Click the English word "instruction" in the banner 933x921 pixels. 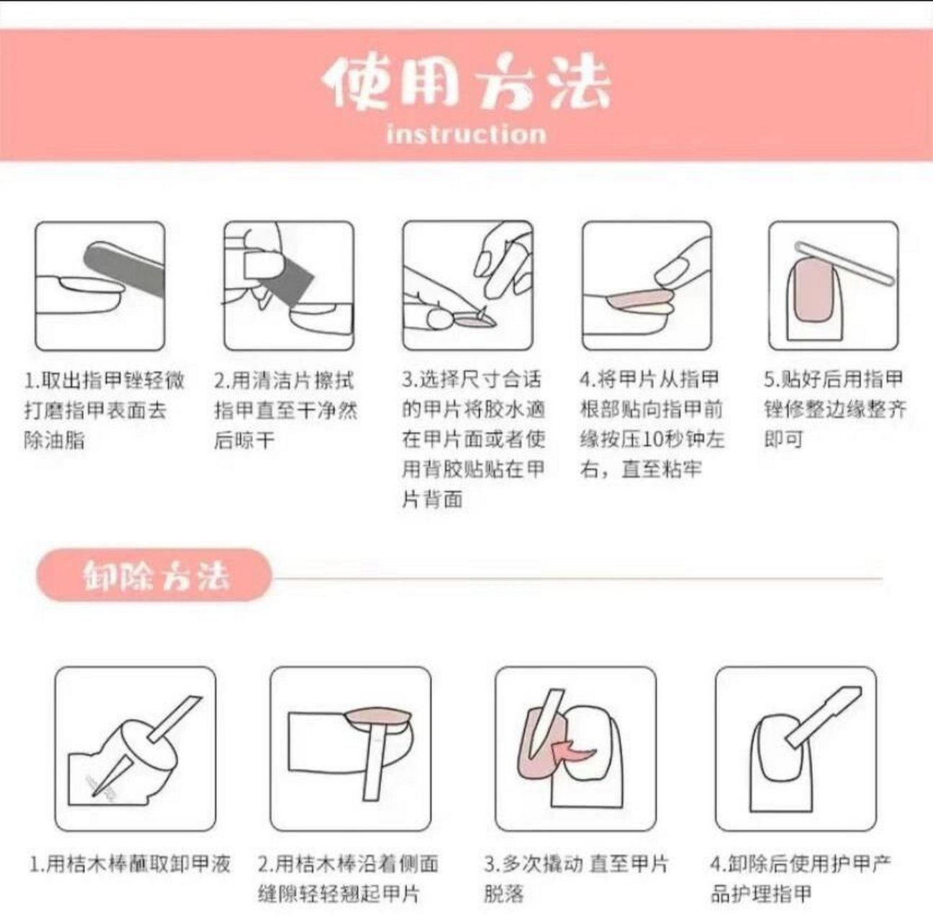coord(466,134)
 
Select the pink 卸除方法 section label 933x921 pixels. coord(154,576)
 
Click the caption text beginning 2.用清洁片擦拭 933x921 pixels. coord(284,409)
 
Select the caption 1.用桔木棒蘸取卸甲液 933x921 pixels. coord(130,863)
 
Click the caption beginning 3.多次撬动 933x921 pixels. coord(575,878)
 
